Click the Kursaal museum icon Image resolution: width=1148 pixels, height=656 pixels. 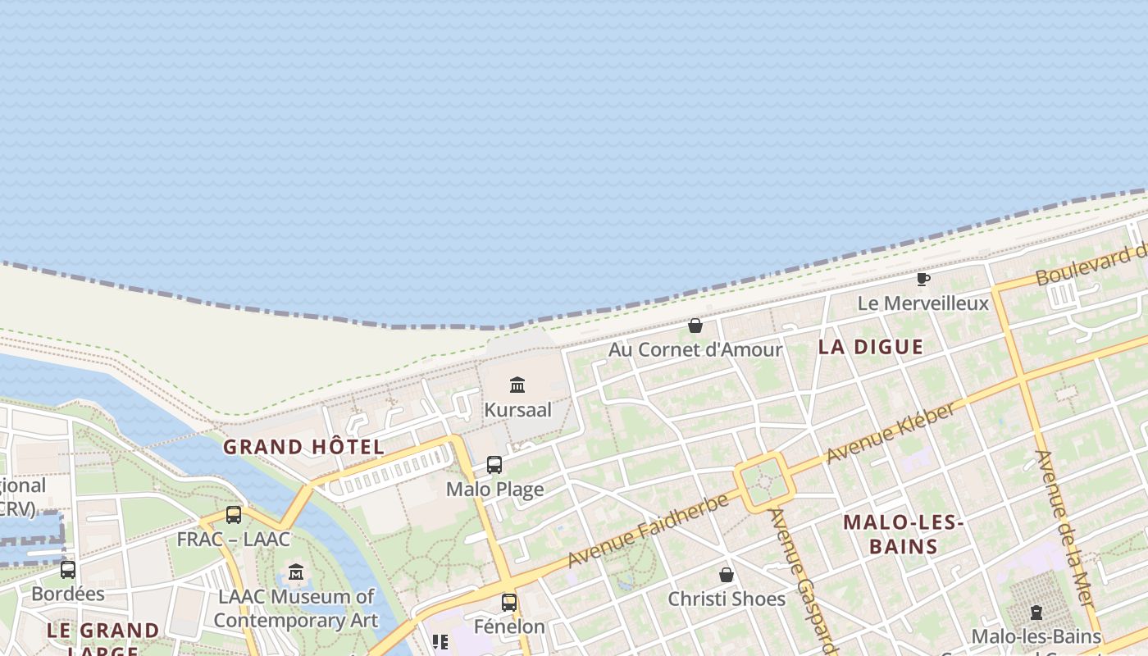(x=517, y=385)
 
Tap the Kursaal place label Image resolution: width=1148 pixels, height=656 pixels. (x=517, y=409)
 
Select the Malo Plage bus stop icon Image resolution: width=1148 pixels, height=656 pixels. (x=494, y=465)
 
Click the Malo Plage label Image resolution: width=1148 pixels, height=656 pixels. (x=494, y=490)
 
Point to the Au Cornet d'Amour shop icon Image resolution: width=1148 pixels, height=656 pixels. (x=695, y=326)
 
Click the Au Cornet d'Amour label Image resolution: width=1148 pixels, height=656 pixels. (x=695, y=350)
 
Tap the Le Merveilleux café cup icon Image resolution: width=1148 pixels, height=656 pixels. (x=923, y=280)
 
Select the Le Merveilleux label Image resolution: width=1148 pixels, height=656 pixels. (x=923, y=303)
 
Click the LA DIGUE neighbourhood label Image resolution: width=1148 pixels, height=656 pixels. (x=871, y=347)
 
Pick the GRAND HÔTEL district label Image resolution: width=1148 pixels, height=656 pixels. (x=303, y=447)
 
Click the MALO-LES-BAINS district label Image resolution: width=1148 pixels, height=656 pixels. (x=903, y=534)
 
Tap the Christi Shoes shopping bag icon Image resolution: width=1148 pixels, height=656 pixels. (x=727, y=575)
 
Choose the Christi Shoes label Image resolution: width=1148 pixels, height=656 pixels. (x=727, y=599)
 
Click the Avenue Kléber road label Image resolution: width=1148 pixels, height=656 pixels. (x=891, y=432)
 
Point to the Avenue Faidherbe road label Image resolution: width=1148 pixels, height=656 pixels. (x=648, y=531)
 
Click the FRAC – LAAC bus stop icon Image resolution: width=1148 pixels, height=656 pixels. (x=234, y=515)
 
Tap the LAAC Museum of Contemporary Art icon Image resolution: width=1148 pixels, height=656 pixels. (x=296, y=572)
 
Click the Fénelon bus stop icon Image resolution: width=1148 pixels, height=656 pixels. (x=509, y=603)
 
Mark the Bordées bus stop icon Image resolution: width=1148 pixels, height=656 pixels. (x=68, y=569)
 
